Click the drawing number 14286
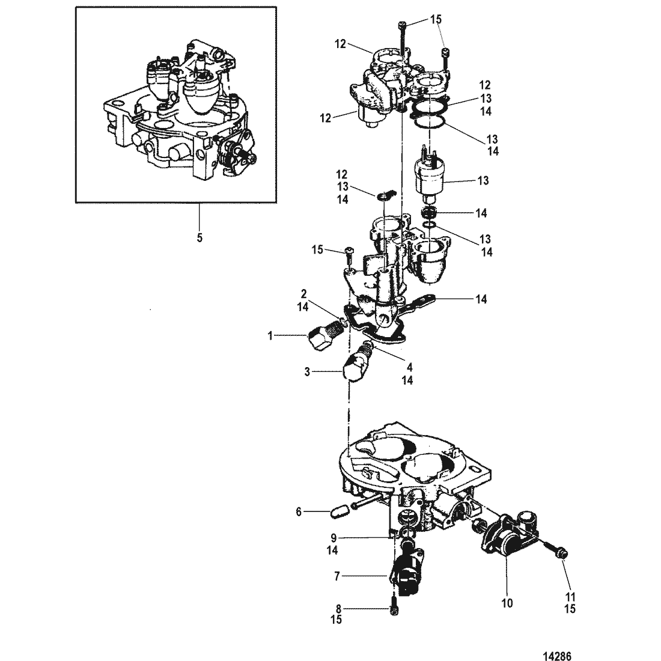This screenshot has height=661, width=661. pos(558,656)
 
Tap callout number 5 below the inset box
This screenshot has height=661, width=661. pos(200,238)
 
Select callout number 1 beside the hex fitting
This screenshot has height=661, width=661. pos(270,336)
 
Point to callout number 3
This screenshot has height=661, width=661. pos(307,372)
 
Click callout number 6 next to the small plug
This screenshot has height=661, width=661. pos(299,512)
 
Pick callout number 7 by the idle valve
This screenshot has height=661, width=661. pos(337,576)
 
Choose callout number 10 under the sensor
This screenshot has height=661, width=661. pos(507,603)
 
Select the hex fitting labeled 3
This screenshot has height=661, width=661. pos(356,365)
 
